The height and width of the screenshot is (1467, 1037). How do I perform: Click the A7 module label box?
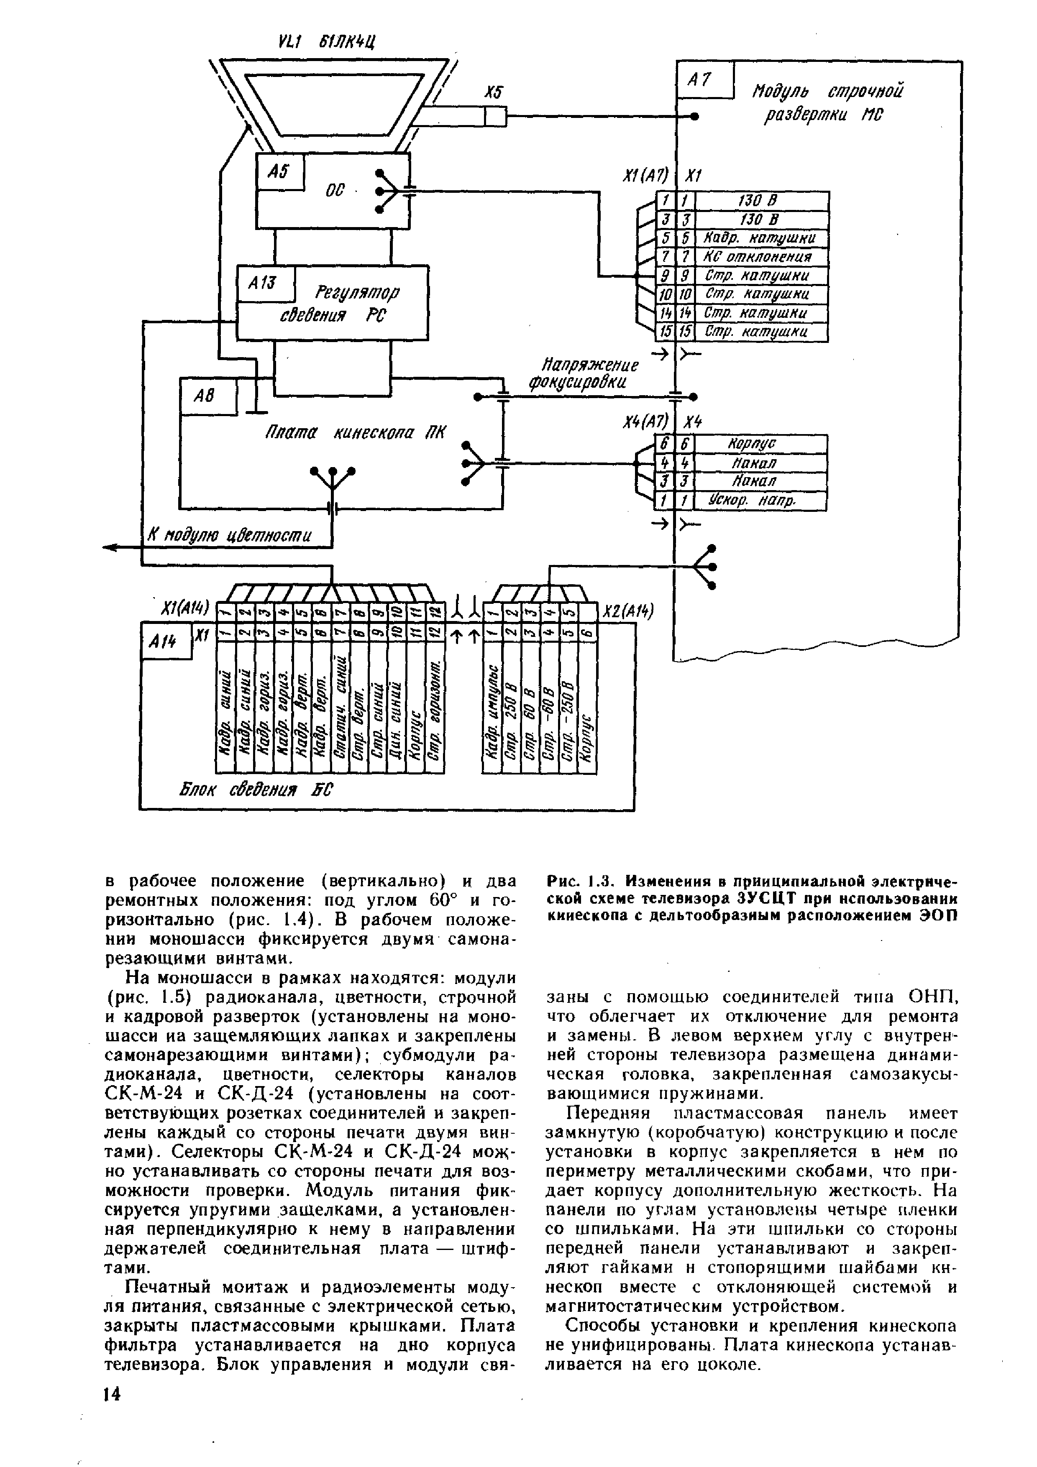click(704, 80)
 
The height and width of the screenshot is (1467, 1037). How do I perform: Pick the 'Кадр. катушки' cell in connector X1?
click(760, 239)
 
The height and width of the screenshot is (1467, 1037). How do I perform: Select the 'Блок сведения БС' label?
click(256, 791)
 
